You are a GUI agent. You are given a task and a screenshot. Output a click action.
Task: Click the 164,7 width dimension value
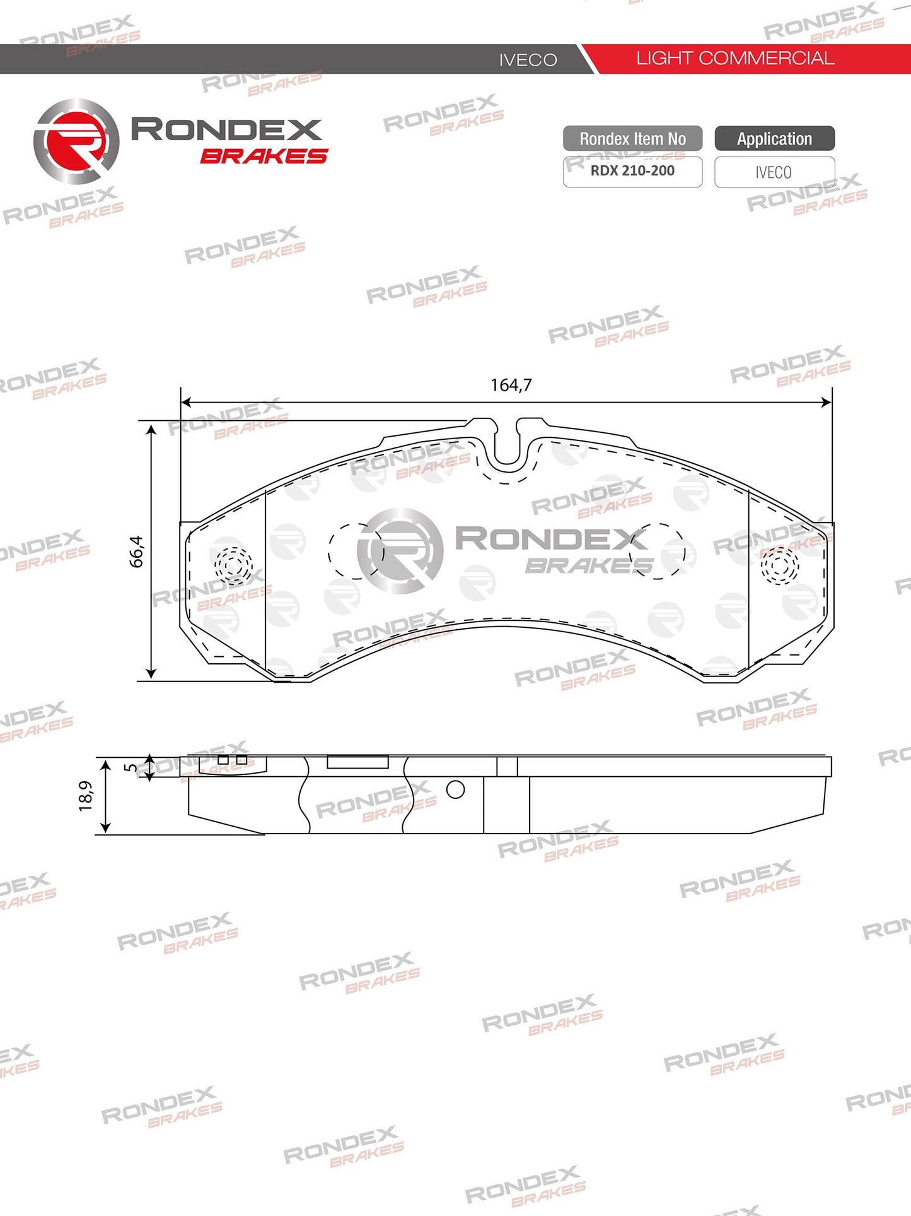511,385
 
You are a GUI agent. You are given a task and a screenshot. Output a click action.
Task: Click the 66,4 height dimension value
136,551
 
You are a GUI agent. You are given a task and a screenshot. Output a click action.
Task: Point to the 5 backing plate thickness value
130,767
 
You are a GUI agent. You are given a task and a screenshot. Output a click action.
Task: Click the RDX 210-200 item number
632,171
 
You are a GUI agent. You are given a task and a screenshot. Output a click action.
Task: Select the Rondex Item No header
632,139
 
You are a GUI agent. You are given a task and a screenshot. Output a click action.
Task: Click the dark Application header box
774,139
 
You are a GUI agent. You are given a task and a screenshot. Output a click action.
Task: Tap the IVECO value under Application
774,172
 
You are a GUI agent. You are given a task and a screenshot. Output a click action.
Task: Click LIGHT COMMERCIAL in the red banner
734,59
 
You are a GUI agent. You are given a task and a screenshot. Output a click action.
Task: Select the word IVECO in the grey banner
528,60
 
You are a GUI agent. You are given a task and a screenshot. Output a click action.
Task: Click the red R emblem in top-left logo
76,141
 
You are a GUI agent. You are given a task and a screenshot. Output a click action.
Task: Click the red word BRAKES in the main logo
264,156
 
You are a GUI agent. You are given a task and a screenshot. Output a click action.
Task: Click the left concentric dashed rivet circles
233,563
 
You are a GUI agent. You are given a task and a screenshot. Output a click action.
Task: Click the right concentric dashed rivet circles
779,565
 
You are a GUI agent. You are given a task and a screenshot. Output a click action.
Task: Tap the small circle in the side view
455,789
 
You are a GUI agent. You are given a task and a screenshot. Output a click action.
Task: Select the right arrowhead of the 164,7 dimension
827,402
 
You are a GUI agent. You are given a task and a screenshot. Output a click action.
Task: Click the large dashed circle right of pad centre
656,550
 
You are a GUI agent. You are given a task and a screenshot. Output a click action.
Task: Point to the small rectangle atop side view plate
357,762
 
